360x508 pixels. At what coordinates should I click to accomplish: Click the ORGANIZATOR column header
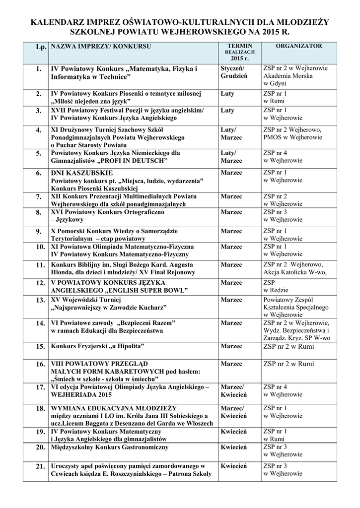[299, 46]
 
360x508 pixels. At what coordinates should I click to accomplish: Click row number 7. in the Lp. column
[39, 197]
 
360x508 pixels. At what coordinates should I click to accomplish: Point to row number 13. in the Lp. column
[39, 300]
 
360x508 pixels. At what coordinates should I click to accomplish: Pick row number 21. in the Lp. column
[39, 466]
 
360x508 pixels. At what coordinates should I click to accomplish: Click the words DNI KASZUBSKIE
[82, 173]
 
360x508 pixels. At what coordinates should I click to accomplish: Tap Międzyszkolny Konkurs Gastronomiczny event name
[110, 447]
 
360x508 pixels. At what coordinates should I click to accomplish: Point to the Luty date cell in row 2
[227, 93]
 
